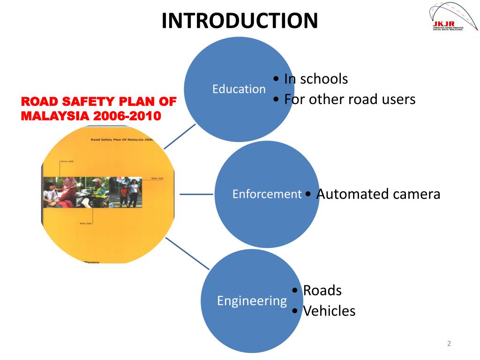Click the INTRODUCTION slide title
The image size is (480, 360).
[240, 21]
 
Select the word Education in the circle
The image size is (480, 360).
[239, 89]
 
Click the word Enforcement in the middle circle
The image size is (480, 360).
[267, 194]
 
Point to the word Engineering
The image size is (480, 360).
[252, 300]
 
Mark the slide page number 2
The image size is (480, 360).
[449, 344]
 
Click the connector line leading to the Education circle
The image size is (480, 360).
[180, 136]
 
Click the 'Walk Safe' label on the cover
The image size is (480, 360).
[157, 179]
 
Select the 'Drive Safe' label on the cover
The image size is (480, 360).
[67, 161]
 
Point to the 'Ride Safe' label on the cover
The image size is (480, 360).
[86, 223]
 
